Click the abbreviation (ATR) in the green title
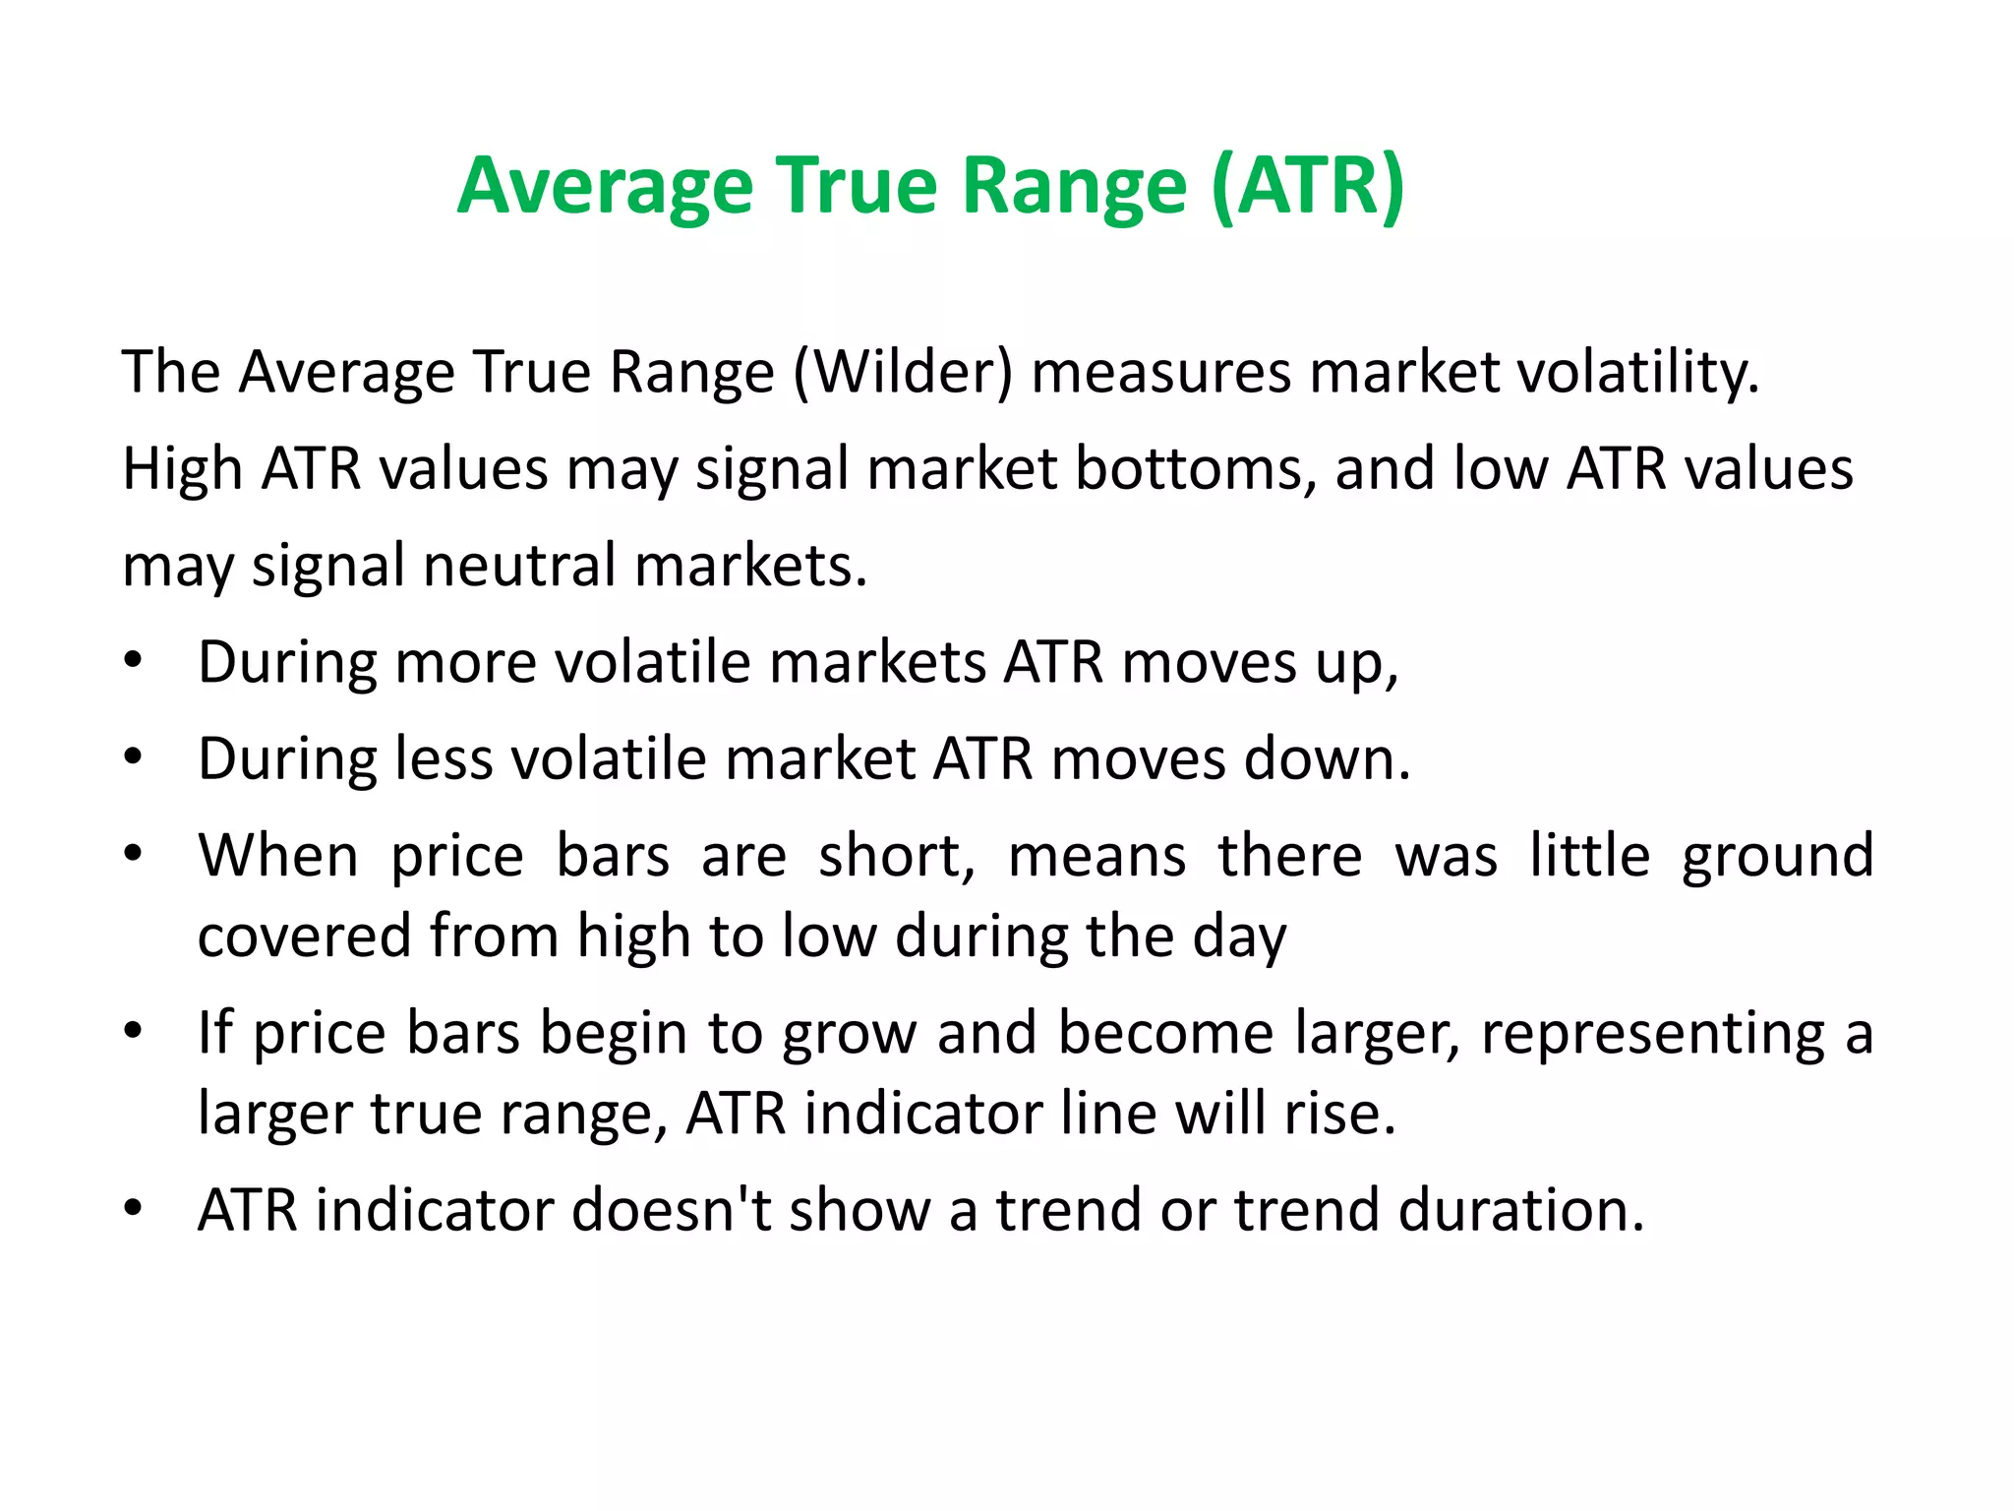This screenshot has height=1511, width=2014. pos(1308,187)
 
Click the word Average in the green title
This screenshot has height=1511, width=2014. pos(605,187)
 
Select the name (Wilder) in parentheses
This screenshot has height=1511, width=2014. pos(903,373)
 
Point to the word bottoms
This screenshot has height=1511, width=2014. pos(1195,468)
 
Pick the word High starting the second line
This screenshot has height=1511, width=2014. pos(182,468)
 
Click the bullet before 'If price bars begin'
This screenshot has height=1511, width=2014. pos(134,1030)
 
